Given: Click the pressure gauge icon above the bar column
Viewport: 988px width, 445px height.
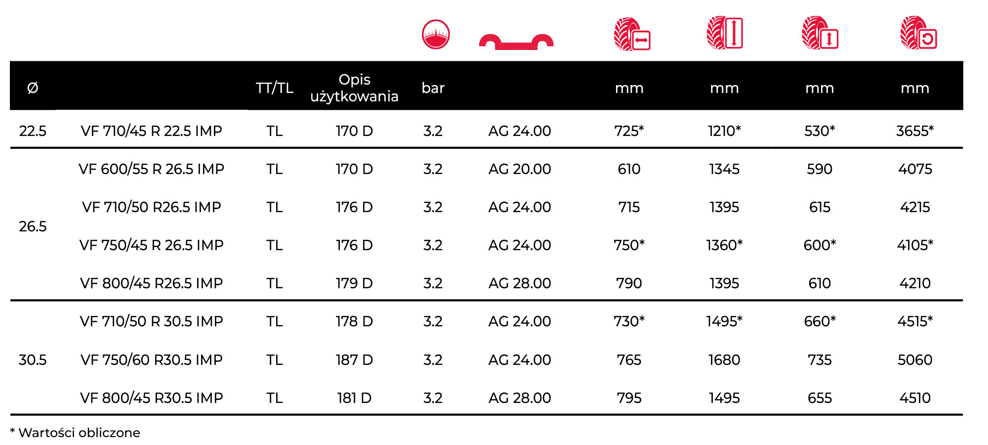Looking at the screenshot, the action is (436, 35).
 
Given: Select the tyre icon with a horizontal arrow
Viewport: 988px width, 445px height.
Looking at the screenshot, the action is (632, 34).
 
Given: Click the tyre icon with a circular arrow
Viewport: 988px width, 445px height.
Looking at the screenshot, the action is (918, 33).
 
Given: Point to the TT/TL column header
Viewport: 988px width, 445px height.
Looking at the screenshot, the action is (275, 88).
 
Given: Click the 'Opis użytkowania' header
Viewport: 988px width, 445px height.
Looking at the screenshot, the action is (354, 88).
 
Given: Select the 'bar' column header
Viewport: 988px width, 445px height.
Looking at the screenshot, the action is (433, 88).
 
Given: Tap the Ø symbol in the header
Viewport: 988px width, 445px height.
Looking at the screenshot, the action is (33, 88).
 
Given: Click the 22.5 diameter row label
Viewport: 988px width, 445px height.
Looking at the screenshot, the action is (33, 131).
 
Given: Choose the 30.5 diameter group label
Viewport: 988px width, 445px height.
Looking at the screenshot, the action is (33, 360).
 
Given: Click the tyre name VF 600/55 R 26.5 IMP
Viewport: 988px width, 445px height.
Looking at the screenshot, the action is (151, 169).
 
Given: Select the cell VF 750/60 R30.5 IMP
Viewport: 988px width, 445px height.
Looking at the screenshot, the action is (151, 360).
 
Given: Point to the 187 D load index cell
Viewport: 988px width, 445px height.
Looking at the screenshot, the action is (354, 360).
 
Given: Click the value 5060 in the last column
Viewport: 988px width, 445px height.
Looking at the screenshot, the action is (915, 360).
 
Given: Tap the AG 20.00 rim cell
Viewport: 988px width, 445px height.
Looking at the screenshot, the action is (520, 169).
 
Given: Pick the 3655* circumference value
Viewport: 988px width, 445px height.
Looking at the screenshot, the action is (915, 131).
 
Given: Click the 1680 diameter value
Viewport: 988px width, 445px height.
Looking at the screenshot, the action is (724, 360).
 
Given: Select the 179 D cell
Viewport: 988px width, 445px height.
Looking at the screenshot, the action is (354, 283).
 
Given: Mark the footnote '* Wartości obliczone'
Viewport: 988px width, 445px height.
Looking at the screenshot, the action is (75, 433).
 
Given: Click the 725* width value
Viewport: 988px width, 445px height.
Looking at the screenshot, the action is (629, 131).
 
